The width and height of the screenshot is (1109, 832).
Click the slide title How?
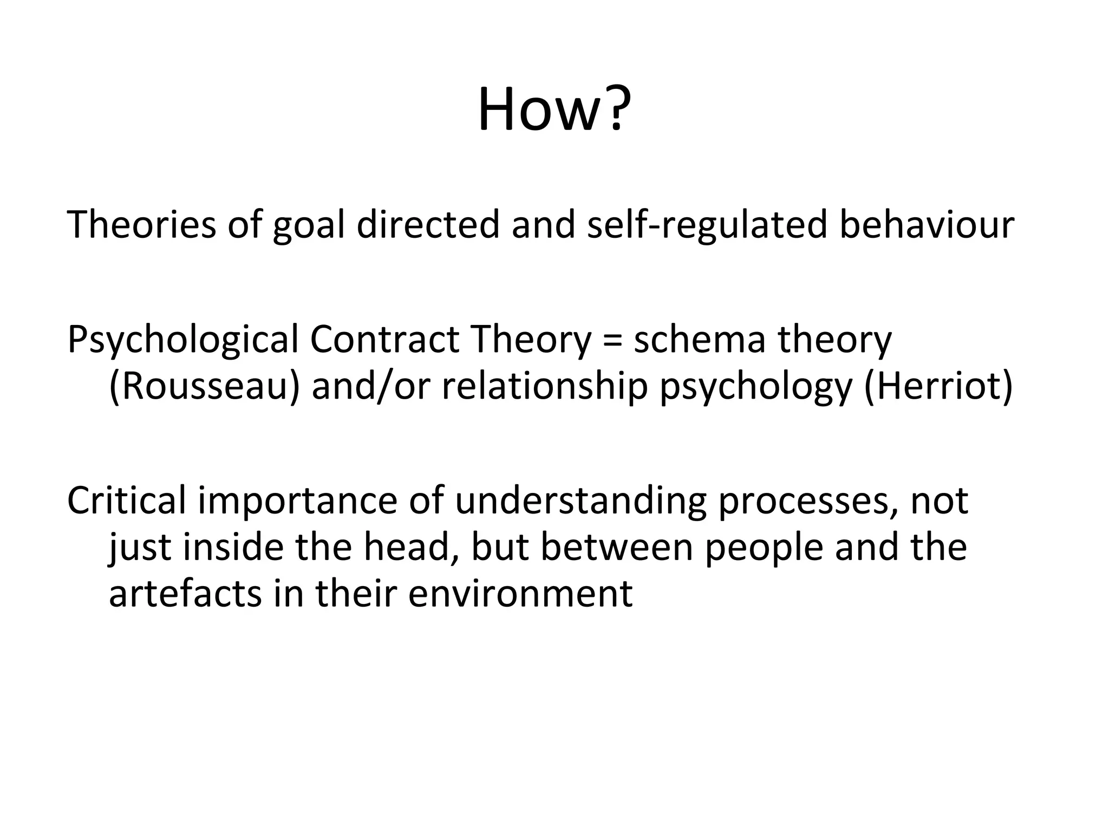click(553, 110)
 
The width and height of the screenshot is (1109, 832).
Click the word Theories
click(141, 225)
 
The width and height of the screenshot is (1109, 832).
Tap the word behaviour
click(927, 225)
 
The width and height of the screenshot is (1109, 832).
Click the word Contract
click(384, 340)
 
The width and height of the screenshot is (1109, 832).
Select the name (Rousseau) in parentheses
click(204, 387)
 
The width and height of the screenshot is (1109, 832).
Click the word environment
click(520, 594)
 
